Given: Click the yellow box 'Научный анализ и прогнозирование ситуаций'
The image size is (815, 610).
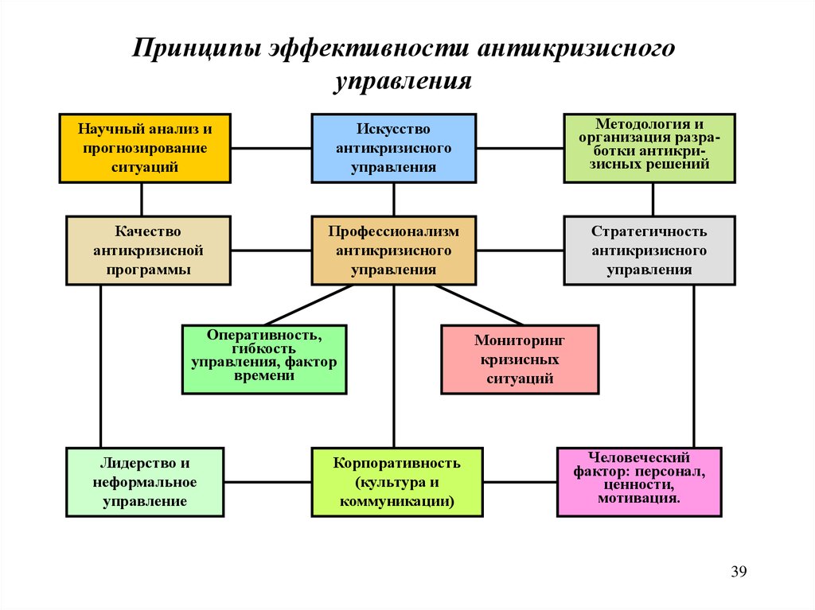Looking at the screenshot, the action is click(x=145, y=148).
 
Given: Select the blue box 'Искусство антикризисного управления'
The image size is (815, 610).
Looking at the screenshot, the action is click(x=393, y=148).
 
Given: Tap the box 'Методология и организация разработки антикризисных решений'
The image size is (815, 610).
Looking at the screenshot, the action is click(x=649, y=148).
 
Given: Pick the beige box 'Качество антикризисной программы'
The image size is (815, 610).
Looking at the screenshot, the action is click(x=148, y=251).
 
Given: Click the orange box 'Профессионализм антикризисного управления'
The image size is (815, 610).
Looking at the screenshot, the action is click(x=393, y=251).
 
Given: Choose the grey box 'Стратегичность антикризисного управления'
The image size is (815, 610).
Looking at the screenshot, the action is click(x=649, y=251).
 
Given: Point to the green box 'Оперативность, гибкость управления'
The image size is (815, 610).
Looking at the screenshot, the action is click(x=264, y=359).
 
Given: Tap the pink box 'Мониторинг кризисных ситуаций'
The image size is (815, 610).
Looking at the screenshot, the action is click(x=520, y=359).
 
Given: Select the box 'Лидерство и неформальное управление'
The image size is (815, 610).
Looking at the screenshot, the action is click(x=145, y=482).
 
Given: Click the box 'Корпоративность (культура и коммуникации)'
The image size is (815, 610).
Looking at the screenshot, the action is click(x=397, y=482).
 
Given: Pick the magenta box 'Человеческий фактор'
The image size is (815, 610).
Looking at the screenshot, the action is click(x=639, y=482).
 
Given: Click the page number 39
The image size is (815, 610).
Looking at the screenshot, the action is click(x=739, y=572).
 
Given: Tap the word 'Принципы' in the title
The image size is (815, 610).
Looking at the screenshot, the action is click(x=197, y=49).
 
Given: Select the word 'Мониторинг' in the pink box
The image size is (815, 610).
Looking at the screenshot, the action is click(x=520, y=340).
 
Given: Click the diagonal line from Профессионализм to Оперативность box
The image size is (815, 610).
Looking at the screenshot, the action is click(x=308, y=305).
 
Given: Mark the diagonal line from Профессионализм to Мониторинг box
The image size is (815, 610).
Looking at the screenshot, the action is click(x=478, y=305).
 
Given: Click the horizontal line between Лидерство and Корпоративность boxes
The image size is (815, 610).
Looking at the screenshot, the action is click(x=267, y=482).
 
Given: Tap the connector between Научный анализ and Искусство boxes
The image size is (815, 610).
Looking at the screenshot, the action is click(x=271, y=148).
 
